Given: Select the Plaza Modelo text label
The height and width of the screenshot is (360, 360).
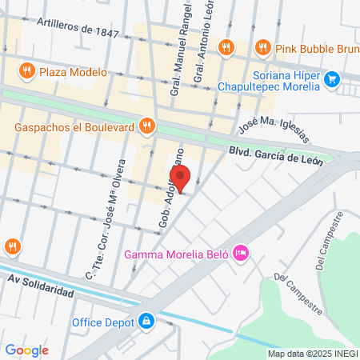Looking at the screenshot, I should [x=73, y=71].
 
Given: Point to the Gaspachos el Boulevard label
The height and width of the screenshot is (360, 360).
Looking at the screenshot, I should [x=74, y=126].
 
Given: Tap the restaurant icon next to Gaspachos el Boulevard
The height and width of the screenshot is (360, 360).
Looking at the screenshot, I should [x=146, y=126].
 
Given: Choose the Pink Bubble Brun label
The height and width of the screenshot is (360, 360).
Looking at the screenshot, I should [x=314, y=47].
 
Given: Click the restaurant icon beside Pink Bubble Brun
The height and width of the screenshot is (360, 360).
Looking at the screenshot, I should [x=262, y=47].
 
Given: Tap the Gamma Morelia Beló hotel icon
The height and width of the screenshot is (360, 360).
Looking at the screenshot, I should [x=242, y=254].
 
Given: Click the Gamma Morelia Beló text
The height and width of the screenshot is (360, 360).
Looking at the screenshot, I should [x=177, y=255].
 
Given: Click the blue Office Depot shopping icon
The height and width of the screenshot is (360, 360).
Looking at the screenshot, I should [x=146, y=322].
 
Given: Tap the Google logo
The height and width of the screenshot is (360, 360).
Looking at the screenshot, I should [x=26, y=350].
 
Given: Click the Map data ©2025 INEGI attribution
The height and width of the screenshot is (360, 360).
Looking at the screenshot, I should [x=312, y=354].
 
